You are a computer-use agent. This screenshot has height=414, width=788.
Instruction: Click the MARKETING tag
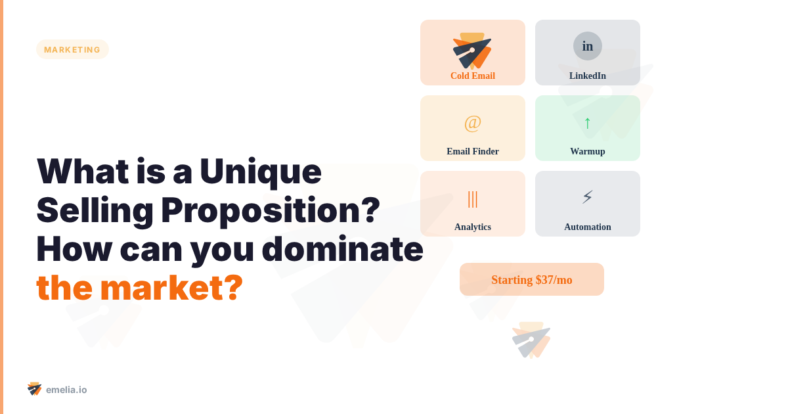coord(72,49)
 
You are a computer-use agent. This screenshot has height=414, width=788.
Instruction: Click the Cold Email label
coord(473,76)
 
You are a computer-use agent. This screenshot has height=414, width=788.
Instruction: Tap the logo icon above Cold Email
coord(472,51)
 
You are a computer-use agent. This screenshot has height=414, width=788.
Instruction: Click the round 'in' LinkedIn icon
coord(588,46)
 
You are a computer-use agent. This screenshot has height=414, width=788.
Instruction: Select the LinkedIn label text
coord(588,76)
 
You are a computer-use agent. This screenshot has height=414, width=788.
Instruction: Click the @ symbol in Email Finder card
coord(473,122)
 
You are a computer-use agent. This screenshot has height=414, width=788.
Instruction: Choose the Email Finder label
coord(473,151)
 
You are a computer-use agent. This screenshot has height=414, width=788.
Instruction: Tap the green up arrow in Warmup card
coord(588,122)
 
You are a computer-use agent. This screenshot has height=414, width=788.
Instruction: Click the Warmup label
coord(588,151)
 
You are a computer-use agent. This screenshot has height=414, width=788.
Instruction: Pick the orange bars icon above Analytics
coord(473,198)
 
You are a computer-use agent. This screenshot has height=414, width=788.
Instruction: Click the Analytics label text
coord(473,227)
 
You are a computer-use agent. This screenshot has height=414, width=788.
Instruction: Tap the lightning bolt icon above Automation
coord(588,196)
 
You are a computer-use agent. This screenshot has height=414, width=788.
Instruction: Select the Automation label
coord(588,227)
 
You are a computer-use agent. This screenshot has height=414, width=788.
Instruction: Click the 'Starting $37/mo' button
coord(532,279)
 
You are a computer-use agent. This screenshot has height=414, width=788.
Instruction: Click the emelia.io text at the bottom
coord(66,390)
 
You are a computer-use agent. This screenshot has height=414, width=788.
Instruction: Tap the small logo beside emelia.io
coord(35,388)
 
